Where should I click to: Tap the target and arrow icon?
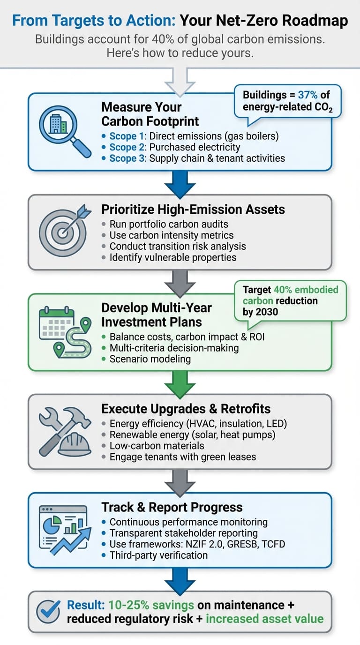click(x=65, y=230)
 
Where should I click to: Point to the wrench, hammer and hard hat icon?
click(x=65, y=431)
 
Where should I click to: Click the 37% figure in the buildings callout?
click(x=307, y=95)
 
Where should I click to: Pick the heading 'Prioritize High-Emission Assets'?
click(x=193, y=210)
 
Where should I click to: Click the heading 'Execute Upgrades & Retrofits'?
click(x=186, y=409)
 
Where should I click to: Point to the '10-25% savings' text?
click(x=151, y=605)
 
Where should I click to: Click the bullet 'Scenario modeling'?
click(x=150, y=359)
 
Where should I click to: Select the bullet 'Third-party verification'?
click(x=158, y=555)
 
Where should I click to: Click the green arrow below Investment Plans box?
click(x=180, y=384)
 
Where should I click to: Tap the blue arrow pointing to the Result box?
click(x=180, y=581)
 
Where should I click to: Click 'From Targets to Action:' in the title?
click(x=94, y=21)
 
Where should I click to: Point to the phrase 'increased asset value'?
click(x=265, y=619)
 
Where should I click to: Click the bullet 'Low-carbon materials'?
click(x=157, y=446)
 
